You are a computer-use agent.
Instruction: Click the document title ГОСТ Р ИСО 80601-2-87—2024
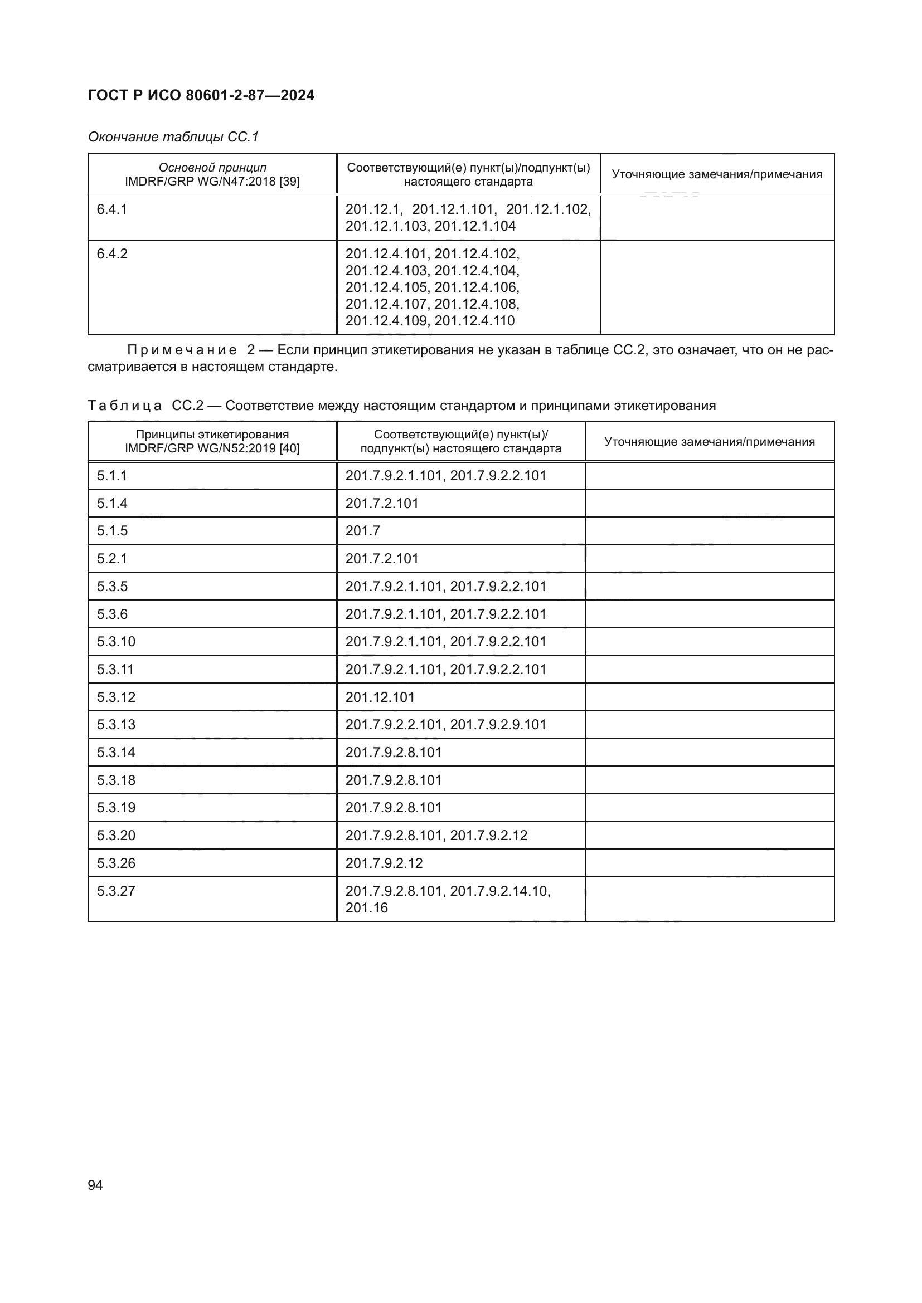pos(201,95)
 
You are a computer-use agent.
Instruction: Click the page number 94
pos(95,1185)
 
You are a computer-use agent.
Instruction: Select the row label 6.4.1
pos(112,209)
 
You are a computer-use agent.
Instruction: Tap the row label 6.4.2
pos(112,253)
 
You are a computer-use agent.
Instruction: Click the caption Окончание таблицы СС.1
pos(173,137)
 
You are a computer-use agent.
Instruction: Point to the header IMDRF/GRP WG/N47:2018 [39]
pos(212,182)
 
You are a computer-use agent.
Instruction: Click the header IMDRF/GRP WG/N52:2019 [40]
pos(212,449)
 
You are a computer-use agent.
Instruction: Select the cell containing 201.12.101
pos(380,697)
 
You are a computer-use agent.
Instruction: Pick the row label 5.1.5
pos(112,531)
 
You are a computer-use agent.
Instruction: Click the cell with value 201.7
pos(363,531)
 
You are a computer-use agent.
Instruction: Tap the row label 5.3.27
pos(116,891)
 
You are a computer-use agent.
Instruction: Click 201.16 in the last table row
pos(367,908)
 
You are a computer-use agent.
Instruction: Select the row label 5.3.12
pos(116,697)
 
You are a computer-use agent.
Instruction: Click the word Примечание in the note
pos(182,350)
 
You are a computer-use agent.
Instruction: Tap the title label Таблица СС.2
pos(145,406)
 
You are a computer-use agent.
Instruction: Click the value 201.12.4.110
pos(474,321)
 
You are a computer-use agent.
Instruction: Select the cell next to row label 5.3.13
pos(446,725)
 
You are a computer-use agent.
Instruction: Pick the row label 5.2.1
pos(112,558)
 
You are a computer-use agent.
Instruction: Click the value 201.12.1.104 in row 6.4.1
pos(475,226)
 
